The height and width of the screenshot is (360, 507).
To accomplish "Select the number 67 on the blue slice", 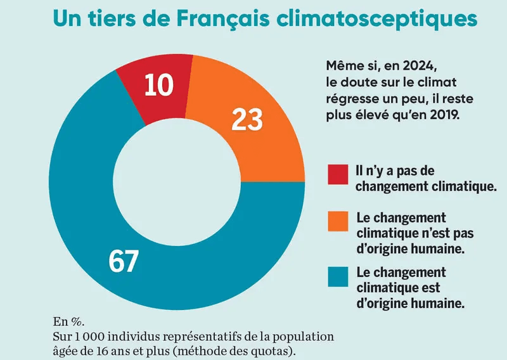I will coord(124,260).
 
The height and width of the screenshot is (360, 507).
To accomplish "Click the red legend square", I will coord(337,174).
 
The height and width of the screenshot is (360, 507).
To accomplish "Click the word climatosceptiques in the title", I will coord(377,19).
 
